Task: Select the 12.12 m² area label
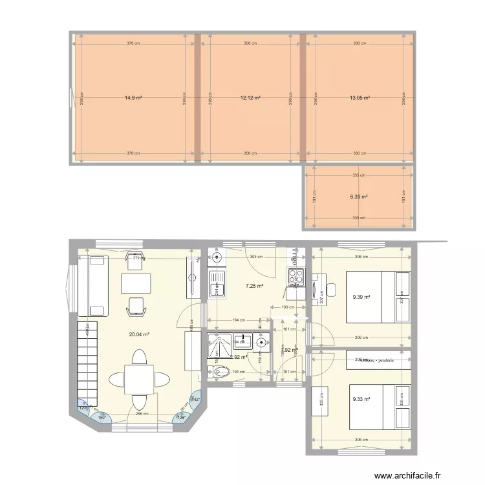coord(250,98)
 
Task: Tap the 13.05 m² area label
coord(360,98)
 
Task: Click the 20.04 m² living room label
coord(140,334)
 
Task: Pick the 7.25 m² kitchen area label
coord(254,285)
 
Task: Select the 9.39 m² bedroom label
coord(361,297)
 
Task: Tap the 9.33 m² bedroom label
coord(361,399)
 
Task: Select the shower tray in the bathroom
coord(219,345)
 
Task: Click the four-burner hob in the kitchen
coord(296,277)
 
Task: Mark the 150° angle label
coord(102,417)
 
